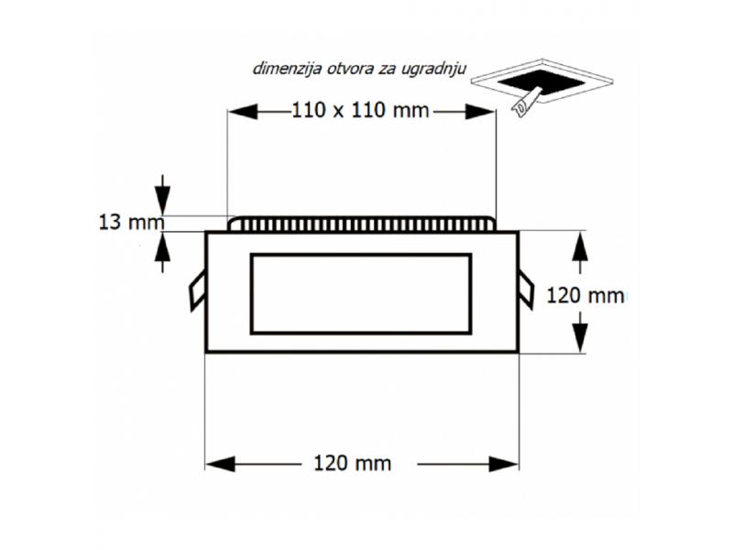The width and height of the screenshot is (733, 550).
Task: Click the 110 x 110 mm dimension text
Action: click(360, 110)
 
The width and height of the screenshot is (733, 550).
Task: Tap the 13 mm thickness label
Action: click(131, 222)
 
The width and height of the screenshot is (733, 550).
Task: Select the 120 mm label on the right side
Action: click(585, 295)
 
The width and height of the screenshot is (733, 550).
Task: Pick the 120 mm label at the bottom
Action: click(352, 463)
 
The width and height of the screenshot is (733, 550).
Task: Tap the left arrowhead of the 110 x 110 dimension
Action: click(243, 111)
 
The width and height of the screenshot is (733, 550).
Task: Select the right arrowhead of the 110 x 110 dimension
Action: click(480, 111)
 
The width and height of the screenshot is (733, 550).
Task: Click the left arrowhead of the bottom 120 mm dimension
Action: click(221, 464)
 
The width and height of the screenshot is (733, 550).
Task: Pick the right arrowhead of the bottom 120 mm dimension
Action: click(503, 464)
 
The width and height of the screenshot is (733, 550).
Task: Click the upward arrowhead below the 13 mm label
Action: click(162, 247)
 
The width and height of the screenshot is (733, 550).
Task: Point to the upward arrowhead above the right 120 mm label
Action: click(580, 247)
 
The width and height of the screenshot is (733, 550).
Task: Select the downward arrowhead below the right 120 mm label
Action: click(580, 336)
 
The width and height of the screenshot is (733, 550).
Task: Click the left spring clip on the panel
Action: click(197, 291)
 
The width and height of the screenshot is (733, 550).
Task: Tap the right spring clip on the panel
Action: click(526, 290)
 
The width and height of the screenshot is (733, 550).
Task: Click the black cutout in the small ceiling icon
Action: click(541, 82)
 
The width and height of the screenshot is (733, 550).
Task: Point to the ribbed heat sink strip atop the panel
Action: click(361, 224)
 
